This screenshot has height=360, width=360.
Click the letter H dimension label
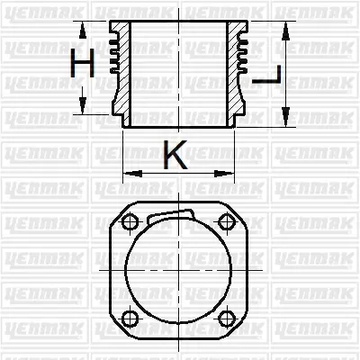click(83, 64)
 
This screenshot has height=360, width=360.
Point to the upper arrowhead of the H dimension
click(82, 28)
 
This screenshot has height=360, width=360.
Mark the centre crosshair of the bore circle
click(179, 270)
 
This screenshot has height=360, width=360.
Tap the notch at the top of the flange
click(171, 215)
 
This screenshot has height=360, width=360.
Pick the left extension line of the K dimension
click(123, 153)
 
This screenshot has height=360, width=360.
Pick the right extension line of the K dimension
click(236, 153)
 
